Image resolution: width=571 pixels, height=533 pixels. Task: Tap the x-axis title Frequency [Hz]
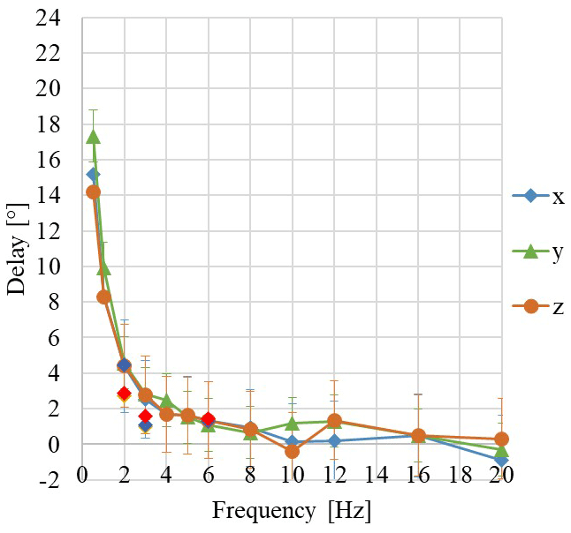click(x=292, y=511)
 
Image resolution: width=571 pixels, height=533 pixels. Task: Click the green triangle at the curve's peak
click(x=93, y=137)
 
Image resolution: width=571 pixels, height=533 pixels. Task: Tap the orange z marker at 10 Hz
click(x=292, y=451)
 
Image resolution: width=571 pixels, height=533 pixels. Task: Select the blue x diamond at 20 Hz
click(x=502, y=460)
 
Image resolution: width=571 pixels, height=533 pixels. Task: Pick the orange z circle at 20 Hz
click(x=502, y=439)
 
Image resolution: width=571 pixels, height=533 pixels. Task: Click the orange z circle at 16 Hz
click(x=418, y=435)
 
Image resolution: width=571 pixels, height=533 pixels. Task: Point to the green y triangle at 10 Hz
click(x=292, y=424)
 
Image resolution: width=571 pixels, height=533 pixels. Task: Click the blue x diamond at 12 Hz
click(x=334, y=440)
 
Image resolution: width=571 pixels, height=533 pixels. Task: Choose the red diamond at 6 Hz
click(x=208, y=419)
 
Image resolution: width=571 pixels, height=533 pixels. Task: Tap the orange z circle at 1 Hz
click(x=103, y=297)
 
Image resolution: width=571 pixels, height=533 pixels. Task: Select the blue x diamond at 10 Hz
click(x=292, y=441)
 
